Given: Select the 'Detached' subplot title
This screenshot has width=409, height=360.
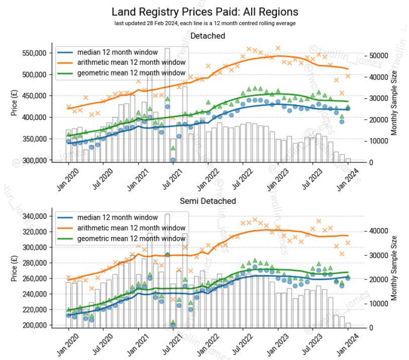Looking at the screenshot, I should click(x=207, y=36).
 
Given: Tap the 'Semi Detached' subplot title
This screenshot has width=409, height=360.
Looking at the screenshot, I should click(x=207, y=200).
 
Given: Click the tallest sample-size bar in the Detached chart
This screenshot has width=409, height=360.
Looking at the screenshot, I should click(x=168, y=105).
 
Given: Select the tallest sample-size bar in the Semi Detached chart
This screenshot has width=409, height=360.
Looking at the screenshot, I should click(x=168, y=270).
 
